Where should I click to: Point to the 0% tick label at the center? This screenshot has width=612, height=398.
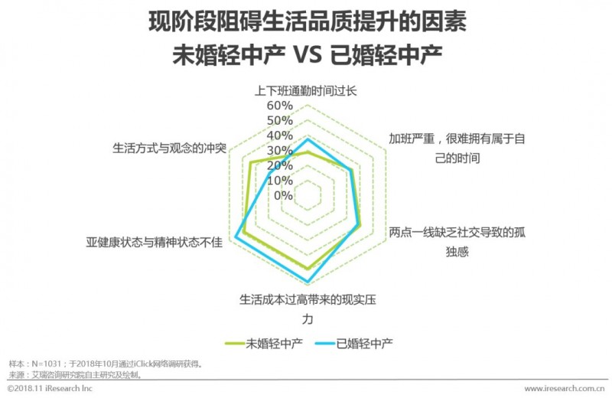tap(283, 195)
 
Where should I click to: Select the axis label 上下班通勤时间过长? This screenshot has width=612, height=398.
tap(306, 90)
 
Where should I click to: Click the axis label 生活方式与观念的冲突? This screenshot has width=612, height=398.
tap(169, 147)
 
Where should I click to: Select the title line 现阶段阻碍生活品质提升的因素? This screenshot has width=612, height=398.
tap(306, 21)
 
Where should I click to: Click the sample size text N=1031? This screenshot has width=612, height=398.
tap(45, 364)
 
